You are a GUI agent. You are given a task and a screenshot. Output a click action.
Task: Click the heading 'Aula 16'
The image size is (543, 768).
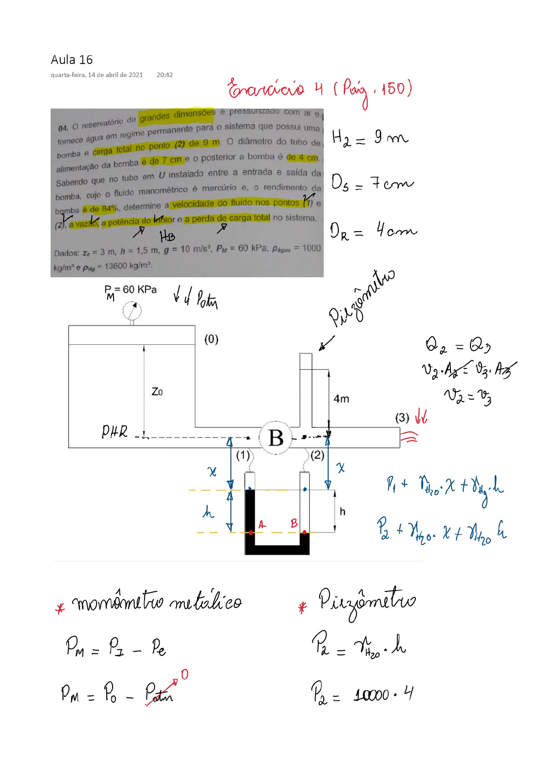coord(72,60)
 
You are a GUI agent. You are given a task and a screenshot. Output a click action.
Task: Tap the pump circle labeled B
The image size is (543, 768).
coord(276,438)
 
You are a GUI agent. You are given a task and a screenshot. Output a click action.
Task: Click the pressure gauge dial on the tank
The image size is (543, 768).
coord(132,311)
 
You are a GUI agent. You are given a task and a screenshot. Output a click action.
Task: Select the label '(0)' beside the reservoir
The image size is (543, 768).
coord(211,339)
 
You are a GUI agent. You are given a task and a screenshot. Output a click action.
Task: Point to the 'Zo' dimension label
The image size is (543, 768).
coord(157,392)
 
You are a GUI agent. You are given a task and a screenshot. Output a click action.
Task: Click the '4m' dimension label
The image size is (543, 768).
coord(341,399)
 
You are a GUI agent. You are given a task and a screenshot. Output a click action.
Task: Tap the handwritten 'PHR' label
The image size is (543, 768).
coord(114,431)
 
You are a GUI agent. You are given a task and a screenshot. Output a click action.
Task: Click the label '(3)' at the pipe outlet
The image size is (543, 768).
coord(402,418)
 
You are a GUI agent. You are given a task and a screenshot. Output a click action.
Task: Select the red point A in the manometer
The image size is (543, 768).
coord(251,532)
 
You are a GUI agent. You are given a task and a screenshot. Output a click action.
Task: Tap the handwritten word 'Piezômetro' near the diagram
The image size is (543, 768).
coord(362,299)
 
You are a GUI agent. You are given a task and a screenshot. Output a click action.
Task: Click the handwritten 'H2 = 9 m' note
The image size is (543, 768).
coord(369,137)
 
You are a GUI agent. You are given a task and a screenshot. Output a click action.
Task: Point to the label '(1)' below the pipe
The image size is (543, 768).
coord(243,455)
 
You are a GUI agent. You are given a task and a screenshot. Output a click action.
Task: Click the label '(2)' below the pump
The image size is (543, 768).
coord(317,455)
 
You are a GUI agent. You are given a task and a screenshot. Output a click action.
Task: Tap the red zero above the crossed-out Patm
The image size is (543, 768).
coord(185,675)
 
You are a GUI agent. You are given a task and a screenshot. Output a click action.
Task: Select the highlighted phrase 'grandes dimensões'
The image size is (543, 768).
coord(177,116)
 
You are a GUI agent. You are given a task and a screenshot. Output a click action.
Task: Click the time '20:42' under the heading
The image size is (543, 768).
coord(165,75)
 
